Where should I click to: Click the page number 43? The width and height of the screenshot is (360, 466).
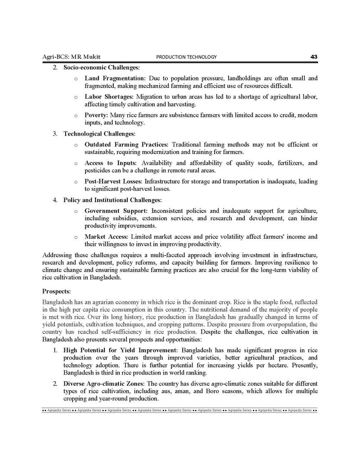(314, 57)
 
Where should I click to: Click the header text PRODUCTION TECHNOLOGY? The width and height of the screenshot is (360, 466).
(186, 57)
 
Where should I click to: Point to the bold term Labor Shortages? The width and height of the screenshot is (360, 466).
(108, 97)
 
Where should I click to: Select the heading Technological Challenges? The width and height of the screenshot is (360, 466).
(99, 134)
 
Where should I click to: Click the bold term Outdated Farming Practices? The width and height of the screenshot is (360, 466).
(126, 145)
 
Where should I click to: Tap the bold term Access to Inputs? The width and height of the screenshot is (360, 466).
(110, 163)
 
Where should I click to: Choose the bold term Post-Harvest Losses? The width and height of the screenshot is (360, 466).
(114, 181)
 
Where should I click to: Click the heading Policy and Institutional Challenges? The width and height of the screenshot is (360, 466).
(112, 200)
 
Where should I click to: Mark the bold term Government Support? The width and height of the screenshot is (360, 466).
(116, 211)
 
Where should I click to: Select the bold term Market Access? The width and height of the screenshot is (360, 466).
(106, 237)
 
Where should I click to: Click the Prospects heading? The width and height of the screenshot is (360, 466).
(56, 291)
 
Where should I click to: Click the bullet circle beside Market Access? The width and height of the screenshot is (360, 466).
(76, 237)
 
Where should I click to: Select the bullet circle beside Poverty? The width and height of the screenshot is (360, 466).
(76, 116)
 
